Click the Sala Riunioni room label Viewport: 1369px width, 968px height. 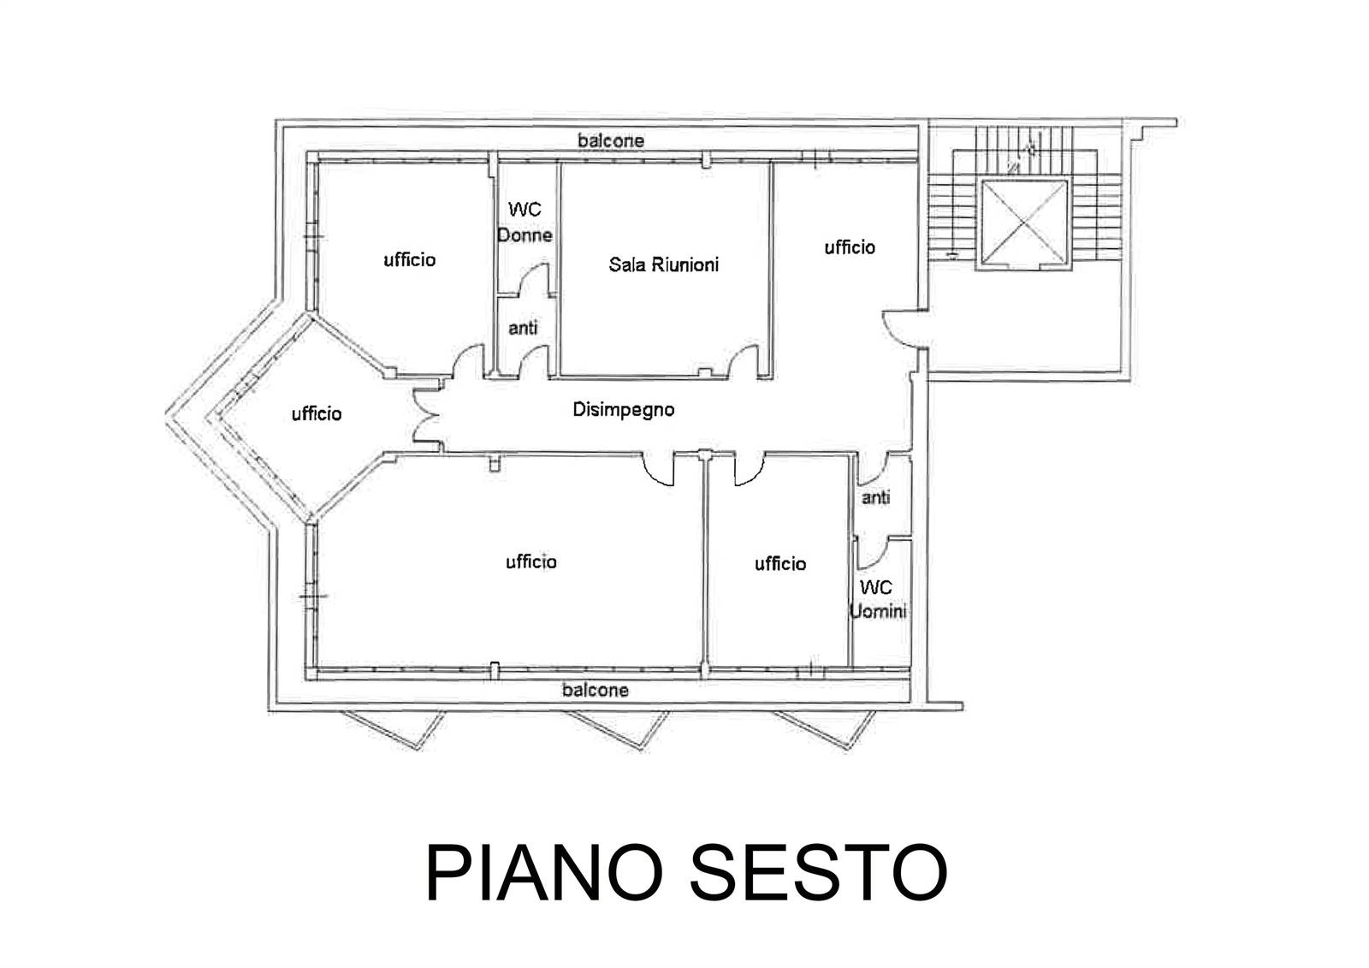coord(664,264)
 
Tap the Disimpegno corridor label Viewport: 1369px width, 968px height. coord(624,410)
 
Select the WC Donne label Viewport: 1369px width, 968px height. coord(525,222)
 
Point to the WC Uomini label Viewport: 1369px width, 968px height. coord(878,599)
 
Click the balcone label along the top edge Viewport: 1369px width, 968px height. coord(611,140)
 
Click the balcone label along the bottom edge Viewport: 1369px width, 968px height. coord(596,691)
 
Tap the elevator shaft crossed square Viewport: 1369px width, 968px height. coord(1024,223)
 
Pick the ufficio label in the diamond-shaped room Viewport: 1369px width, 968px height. coord(317,414)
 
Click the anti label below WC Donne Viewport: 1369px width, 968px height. coord(523,329)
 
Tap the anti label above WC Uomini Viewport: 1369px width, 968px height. coord(876,498)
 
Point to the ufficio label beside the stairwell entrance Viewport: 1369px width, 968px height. coord(850,247)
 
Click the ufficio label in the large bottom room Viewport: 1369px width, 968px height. coord(531,562)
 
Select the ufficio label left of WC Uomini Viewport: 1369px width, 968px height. coord(780,564)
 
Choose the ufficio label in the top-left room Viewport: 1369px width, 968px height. coord(410,260)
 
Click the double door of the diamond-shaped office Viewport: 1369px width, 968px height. coord(426,417)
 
